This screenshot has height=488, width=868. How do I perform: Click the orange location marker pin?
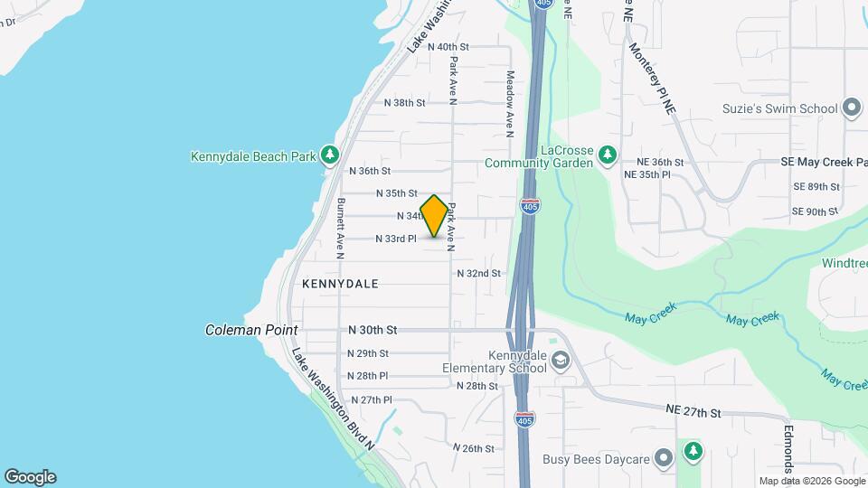[x=434, y=216]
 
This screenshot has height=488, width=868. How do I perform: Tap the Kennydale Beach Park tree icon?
[x=330, y=155]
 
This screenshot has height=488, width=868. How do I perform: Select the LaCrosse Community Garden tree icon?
[x=609, y=155]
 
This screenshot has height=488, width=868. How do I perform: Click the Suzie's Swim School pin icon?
[x=850, y=108]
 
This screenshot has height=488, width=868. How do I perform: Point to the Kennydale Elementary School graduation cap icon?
[x=561, y=361]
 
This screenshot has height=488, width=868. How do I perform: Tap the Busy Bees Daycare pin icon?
[x=664, y=459]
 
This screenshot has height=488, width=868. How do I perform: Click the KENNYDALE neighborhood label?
[x=340, y=284]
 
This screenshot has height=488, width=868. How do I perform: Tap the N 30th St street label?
[x=373, y=331]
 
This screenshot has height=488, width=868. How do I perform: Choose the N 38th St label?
[x=404, y=103]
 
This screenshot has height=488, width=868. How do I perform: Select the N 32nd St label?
[x=478, y=273]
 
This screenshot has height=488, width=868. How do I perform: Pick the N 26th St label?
[x=478, y=448]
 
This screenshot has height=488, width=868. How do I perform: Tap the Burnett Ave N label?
[x=341, y=228]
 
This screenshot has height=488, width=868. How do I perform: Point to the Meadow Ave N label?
[x=510, y=103]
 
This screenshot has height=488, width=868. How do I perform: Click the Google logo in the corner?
[x=30, y=477]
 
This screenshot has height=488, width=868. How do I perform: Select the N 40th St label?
[x=448, y=46]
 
